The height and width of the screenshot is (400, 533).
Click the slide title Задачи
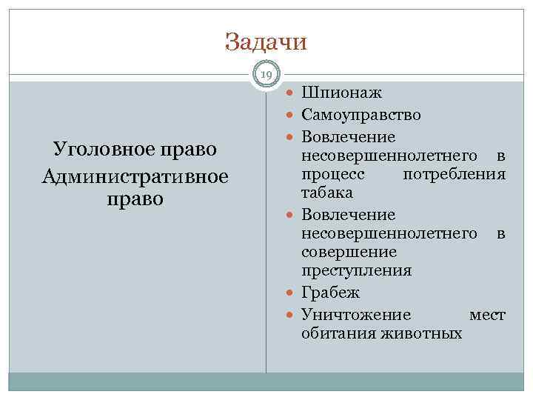pos(266,41)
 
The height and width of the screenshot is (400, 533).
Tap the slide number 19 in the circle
pos(266,74)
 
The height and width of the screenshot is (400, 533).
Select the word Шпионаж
pos(342,93)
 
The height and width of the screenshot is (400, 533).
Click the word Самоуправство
pos(361,115)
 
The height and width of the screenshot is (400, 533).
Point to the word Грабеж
pos(331,293)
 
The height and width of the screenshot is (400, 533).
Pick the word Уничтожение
pos(356,315)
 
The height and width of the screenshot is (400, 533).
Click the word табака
pos(326,192)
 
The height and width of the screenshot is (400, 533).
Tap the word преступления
pos(356,270)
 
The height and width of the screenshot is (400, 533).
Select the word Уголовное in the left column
pos(98,149)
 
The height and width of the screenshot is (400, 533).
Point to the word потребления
pos(454,174)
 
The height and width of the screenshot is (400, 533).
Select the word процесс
pos(333,174)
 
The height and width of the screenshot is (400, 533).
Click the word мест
pos(487,315)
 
